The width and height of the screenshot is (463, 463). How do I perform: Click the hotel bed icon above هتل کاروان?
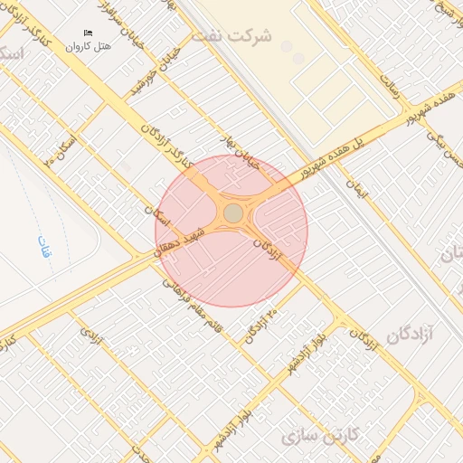88,33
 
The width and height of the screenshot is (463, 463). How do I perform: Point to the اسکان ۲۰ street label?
61,150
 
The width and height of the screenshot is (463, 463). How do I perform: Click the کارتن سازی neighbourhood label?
320,436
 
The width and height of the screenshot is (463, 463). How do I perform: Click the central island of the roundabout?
232,213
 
